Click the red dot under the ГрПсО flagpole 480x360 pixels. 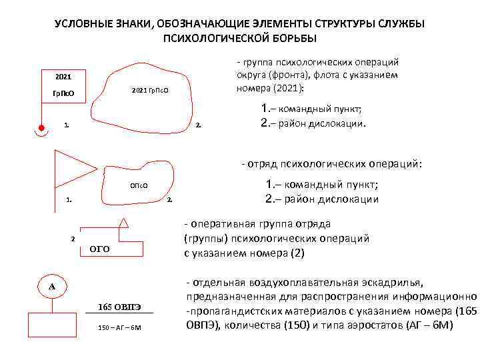click(x=41, y=127)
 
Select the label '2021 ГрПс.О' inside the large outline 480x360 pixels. click(x=150, y=89)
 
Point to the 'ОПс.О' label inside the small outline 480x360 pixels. click(x=138, y=186)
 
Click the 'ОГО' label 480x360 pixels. click(x=100, y=249)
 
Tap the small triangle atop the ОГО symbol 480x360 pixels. click(x=124, y=221)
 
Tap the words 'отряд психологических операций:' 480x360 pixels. click(x=335, y=163)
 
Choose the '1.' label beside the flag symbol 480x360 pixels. click(x=69, y=199)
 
